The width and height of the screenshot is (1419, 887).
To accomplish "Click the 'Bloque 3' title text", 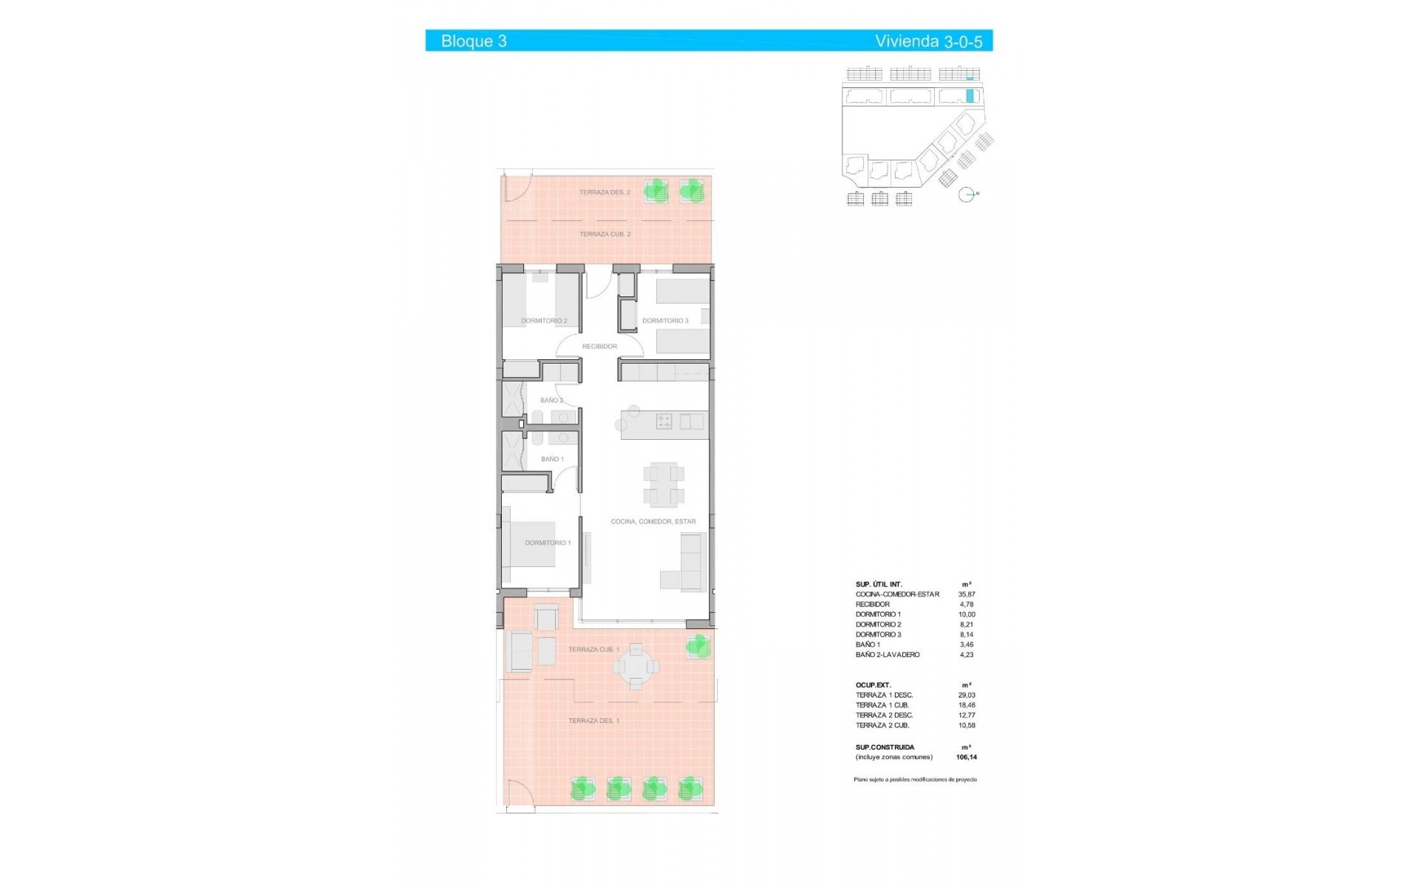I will pyautogui.click(x=474, y=41).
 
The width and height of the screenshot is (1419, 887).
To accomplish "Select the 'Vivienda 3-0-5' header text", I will pyautogui.click(x=928, y=41).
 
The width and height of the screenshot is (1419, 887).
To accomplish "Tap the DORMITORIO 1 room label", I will pyautogui.click(x=548, y=543).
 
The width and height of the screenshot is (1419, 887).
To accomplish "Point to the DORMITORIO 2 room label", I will pyautogui.click(x=544, y=321).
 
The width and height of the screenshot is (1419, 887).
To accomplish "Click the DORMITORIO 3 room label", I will pyautogui.click(x=665, y=321).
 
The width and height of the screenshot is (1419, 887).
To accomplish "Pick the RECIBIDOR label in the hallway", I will pyautogui.click(x=599, y=346).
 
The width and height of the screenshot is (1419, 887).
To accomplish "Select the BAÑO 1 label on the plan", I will pyautogui.click(x=552, y=459).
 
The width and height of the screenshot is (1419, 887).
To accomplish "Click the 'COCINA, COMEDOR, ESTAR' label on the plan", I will pyautogui.click(x=653, y=521).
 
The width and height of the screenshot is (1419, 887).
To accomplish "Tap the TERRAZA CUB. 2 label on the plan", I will pyautogui.click(x=605, y=234).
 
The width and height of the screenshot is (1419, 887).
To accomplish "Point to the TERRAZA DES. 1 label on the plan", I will pyautogui.click(x=593, y=721).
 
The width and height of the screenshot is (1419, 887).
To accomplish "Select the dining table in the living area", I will pyautogui.click(x=663, y=484).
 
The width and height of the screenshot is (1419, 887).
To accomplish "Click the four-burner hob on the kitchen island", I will pyautogui.click(x=664, y=422).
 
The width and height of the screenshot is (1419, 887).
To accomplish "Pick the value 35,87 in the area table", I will pyautogui.click(x=967, y=594).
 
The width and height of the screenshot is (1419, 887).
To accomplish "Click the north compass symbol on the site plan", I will pyautogui.click(x=967, y=195).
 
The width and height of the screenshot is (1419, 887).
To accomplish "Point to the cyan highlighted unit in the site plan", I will pyautogui.click(x=970, y=95).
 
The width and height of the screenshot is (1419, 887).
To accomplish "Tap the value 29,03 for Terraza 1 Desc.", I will pyautogui.click(x=967, y=696).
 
